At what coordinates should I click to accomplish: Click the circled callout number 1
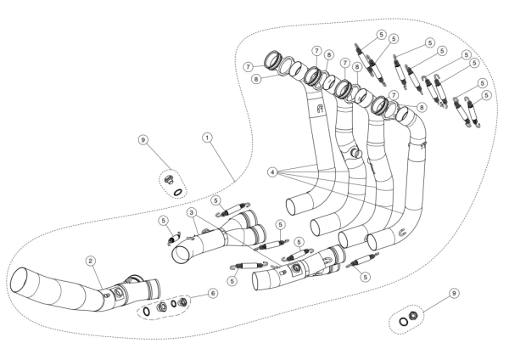(206, 136)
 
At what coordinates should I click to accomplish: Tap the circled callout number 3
(193, 212)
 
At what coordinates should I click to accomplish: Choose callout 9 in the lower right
(456, 292)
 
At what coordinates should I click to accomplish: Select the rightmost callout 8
(422, 108)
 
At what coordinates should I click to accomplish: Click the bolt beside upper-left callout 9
(170, 180)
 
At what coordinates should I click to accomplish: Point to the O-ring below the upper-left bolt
(177, 191)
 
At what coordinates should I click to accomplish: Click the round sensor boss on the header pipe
(355, 153)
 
